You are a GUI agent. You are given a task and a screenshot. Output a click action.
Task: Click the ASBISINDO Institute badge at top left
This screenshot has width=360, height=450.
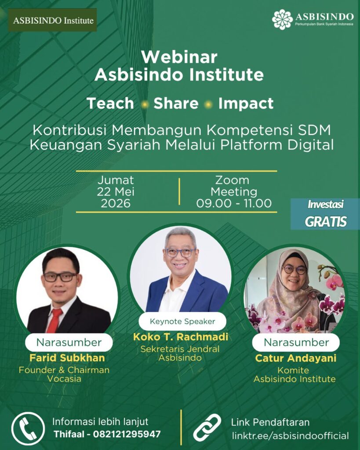(52, 20)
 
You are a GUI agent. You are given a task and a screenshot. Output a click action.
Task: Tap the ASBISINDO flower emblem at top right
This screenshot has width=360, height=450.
(282, 19)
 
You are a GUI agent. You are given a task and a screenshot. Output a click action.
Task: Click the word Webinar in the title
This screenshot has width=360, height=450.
(179, 57)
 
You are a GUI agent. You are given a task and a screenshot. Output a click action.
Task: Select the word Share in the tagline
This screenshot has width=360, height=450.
(176, 103)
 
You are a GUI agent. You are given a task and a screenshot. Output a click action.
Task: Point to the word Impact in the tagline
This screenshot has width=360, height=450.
(246, 104)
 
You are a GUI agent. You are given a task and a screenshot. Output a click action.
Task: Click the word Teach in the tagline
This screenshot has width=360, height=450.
(110, 103)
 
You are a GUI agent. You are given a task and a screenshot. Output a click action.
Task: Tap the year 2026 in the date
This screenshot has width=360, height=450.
(116, 203)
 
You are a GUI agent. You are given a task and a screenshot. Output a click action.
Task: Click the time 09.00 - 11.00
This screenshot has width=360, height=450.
(234, 203)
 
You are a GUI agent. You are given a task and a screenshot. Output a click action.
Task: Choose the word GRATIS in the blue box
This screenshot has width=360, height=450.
(326, 221)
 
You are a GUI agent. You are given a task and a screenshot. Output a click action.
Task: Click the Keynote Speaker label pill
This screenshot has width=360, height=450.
(182, 321)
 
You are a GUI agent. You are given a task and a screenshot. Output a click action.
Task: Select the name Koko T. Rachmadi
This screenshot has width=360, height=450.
(181, 337)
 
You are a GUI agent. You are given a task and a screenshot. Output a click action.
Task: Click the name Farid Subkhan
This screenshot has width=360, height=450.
(67, 358)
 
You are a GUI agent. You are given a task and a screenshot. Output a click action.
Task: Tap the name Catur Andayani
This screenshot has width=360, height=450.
(296, 358)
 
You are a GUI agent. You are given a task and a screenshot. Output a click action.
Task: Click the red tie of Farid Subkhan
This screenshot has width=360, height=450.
(54, 320)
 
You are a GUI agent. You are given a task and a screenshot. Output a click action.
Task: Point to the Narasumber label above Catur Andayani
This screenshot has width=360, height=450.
(296, 342)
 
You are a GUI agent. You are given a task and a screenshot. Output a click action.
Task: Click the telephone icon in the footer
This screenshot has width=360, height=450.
(28, 428)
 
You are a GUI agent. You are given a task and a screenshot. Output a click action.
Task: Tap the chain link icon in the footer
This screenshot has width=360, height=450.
(207, 427)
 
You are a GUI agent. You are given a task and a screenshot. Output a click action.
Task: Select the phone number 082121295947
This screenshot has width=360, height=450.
(127, 434)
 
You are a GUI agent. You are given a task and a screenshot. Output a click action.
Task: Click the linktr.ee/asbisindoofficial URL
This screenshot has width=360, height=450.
(290, 435)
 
